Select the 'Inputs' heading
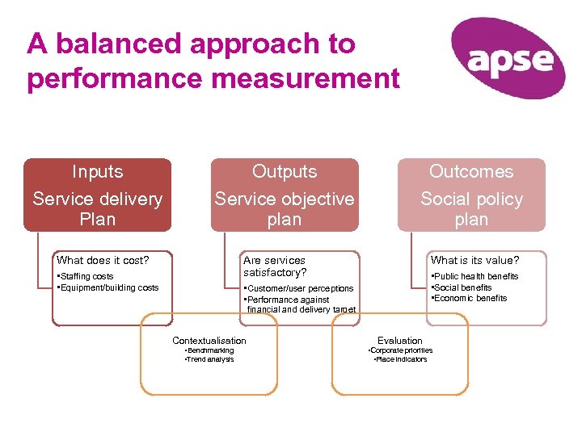coord(97,172)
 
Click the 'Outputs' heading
coord(285,172)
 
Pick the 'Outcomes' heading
coord(471,172)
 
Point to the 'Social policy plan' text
coord(471,209)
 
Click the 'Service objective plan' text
coord(285,209)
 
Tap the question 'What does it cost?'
coord(103,260)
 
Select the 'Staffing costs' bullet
coord(86,277)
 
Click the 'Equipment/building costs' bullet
coord(108,287)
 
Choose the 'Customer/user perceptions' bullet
coord(299,288)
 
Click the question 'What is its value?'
coord(474,260)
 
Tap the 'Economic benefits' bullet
coord(470,298)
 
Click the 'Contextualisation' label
coord(209,341)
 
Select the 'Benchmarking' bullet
coord(209,350)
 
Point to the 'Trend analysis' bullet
coord(209,359)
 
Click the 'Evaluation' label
coord(400,341)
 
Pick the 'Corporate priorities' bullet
coord(400,350)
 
